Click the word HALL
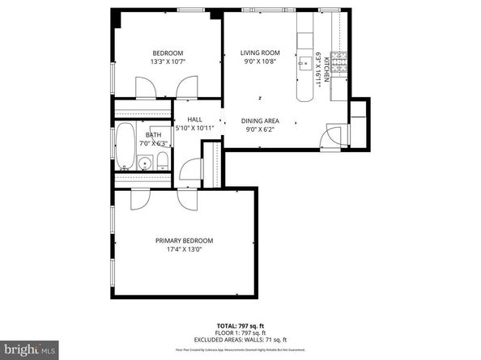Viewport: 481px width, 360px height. (x=194, y=120)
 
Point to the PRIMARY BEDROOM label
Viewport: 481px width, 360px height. (x=185, y=241)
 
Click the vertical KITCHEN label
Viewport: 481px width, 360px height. (x=327, y=71)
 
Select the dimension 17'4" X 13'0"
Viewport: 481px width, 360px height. (x=185, y=250)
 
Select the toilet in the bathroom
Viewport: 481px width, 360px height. (x=162, y=158)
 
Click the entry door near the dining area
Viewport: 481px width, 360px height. (x=330, y=138)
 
